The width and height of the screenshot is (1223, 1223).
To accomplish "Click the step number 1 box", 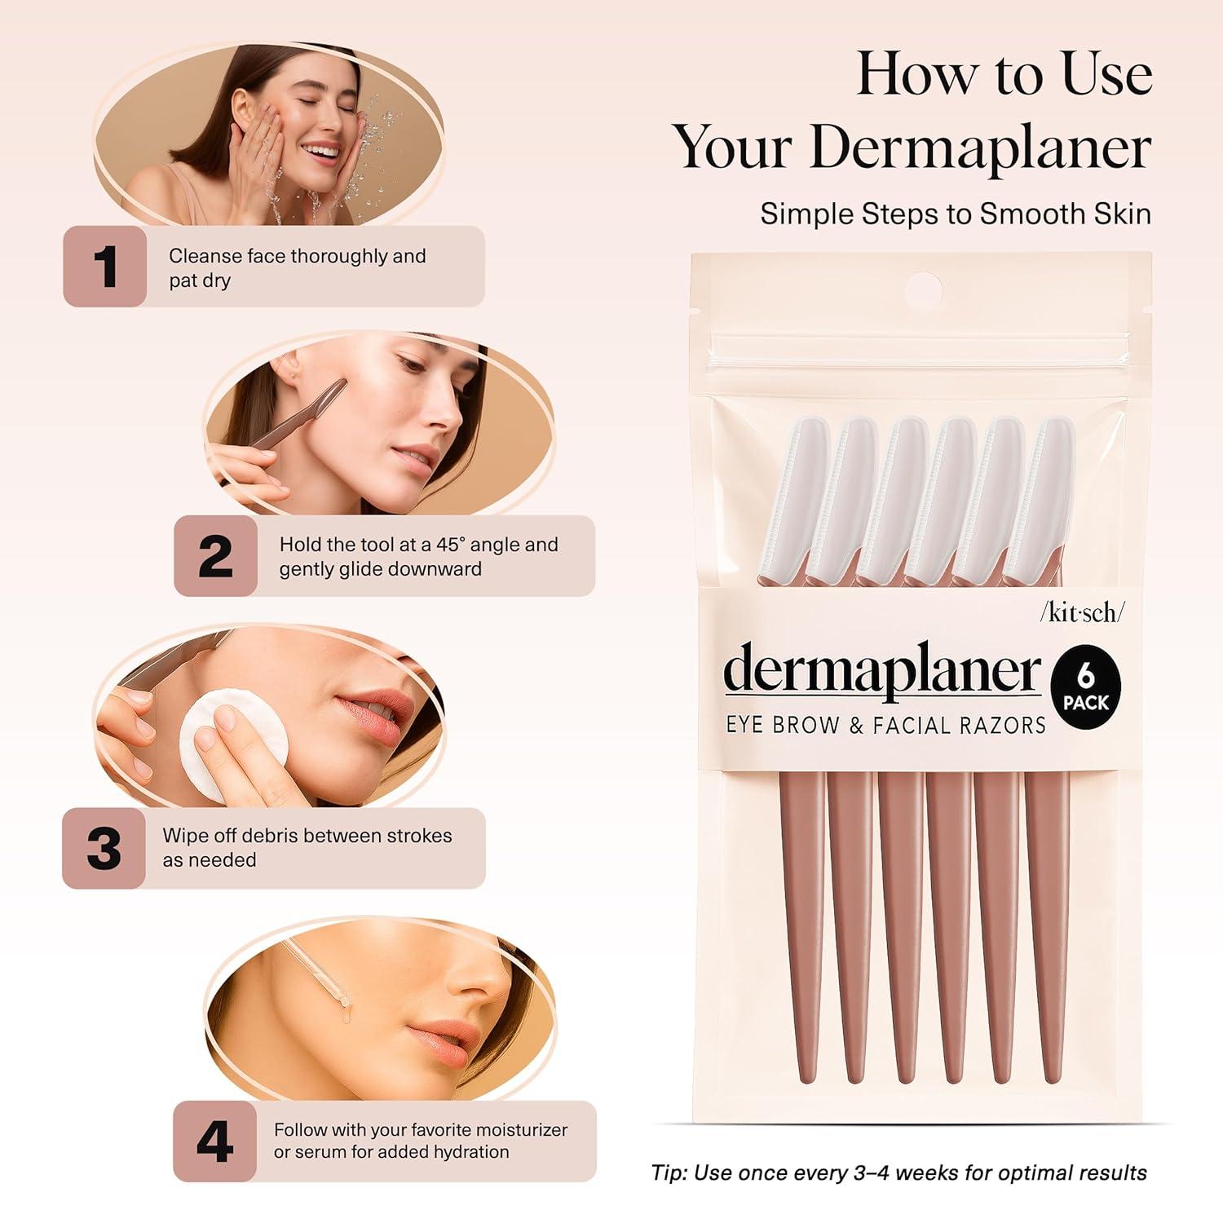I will tap(105, 267).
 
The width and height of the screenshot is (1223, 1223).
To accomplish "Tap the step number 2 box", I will tap(215, 556).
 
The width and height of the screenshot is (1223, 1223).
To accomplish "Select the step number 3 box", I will tap(104, 848).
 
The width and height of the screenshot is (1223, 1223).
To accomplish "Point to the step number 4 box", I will tap(214, 1141).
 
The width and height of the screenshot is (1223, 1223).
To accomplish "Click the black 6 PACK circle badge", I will tap(1085, 688).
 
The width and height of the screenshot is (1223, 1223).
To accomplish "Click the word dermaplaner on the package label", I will tap(882, 672).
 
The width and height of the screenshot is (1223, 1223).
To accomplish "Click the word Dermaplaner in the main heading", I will tap(980, 148).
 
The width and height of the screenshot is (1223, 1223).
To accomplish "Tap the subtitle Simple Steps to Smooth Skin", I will tap(956, 214).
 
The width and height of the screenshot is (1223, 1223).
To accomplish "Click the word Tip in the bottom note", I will tap(669, 1172).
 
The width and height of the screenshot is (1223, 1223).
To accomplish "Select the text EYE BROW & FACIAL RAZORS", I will tap(885, 725).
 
